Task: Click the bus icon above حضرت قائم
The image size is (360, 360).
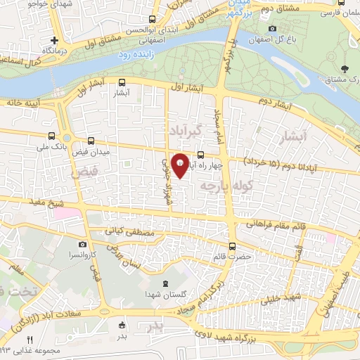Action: [234, 246]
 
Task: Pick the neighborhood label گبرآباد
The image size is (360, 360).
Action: [186, 131]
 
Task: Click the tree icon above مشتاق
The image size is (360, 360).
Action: [344, 69]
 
